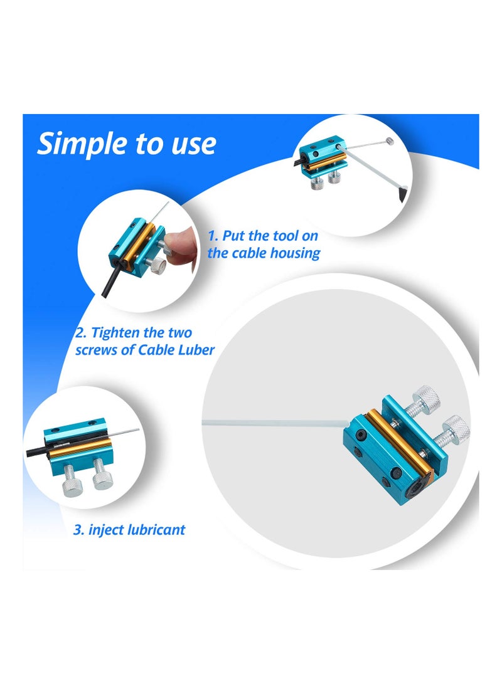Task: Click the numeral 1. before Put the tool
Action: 213,237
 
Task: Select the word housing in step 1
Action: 295,254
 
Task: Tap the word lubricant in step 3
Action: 154,530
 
